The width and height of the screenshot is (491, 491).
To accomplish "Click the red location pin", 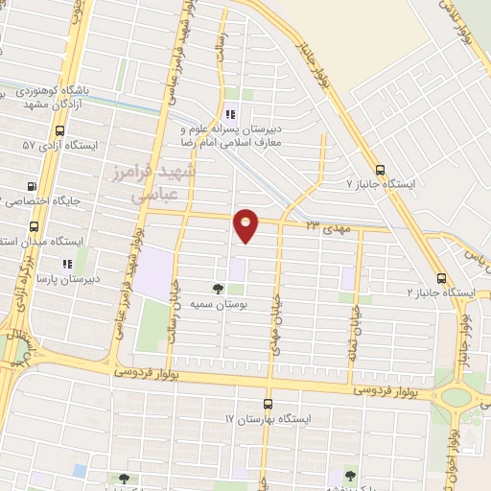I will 246,223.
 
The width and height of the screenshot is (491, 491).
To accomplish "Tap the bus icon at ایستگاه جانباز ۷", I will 381,164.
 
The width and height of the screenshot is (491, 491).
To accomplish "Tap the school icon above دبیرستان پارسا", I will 66,263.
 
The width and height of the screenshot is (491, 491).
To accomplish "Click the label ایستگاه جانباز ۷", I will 385,181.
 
